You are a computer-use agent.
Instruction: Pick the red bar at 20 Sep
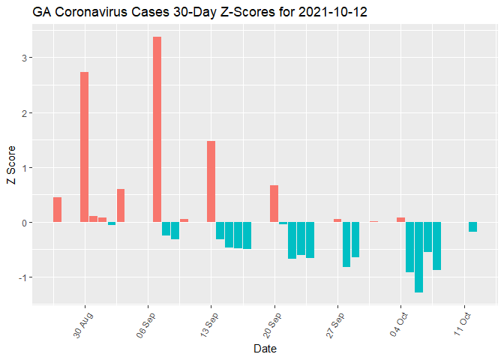(274, 203)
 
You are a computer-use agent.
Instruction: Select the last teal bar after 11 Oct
(472, 226)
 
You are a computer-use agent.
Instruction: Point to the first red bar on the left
(57, 209)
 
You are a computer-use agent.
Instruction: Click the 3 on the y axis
(23, 58)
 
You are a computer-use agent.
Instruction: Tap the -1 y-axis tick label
(21, 277)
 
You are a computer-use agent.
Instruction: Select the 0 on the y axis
(23, 223)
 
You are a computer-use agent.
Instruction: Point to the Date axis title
(265, 349)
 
